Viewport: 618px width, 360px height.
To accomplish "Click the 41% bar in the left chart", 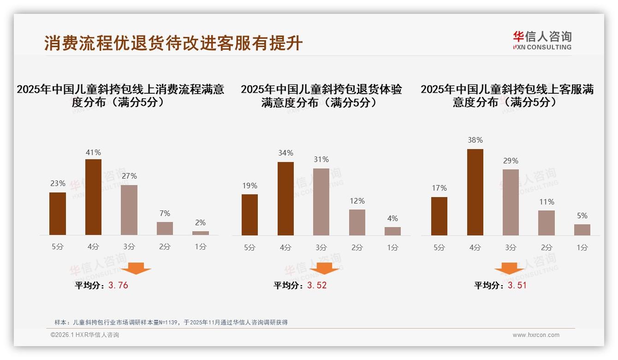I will (x=94, y=197).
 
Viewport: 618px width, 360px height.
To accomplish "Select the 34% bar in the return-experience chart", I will (x=285, y=198).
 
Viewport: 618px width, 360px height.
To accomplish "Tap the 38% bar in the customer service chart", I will (x=475, y=192).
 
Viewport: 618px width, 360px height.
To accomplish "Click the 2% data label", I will (x=200, y=222).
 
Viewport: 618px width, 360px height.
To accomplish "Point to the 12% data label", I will (x=357, y=201).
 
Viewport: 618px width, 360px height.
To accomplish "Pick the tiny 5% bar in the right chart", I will (x=582, y=230).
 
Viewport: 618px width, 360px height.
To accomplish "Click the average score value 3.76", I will (x=118, y=285).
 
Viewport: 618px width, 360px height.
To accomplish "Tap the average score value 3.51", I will (x=517, y=285).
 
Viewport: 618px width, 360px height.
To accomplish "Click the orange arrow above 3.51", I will (x=509, y=269).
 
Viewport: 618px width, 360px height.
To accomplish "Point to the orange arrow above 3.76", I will (x=136, y=268).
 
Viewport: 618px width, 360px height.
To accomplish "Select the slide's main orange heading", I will (x=173, y=43).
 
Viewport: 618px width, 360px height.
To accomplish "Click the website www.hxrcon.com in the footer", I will (x=536, y=335).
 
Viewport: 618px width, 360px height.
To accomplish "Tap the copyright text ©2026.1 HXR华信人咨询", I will (x=85, y=335).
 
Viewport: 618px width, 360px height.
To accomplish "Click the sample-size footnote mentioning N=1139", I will (x=171, y=322).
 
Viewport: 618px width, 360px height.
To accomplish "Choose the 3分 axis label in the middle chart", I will (x=321, y=247).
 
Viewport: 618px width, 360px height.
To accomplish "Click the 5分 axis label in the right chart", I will (x=439, y=247).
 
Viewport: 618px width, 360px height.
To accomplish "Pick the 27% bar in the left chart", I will (x=129, y=210).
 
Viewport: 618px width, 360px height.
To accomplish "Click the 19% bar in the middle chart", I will (x=250, y=215).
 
